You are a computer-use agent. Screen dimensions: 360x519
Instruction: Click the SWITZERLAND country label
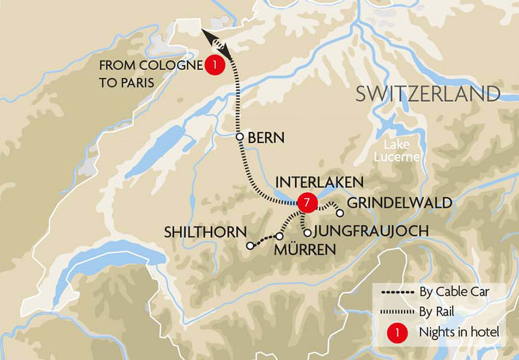tap(428, 94)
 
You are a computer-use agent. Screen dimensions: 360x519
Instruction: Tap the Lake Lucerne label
tap(396, 150)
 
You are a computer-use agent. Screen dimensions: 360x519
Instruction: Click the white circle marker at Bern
tap(240, 137)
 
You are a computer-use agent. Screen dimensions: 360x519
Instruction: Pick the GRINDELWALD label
tap(400, 203)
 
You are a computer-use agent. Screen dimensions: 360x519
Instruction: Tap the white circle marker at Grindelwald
tap(339, 213)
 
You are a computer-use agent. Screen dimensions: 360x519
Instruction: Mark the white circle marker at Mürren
tap(280, 236)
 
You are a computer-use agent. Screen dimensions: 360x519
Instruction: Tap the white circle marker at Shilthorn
tap(249, 246)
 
